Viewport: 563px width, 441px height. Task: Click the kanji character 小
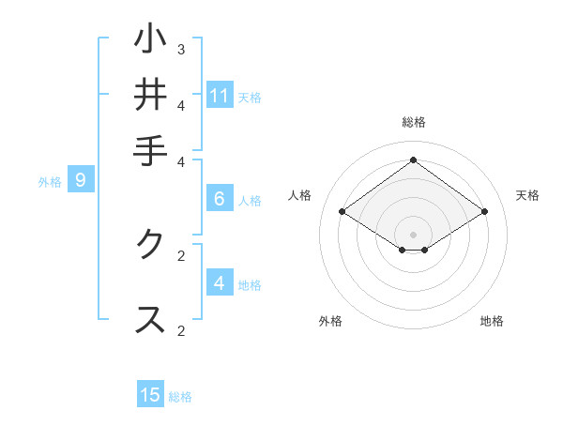pos(150,39)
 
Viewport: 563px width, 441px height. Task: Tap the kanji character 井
pos(150,95)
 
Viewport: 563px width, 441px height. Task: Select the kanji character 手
pos(150,150)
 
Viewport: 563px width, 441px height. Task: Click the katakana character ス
pos(150,319)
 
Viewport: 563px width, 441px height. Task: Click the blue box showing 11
pos(220,96)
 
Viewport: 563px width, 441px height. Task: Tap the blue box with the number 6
pos(220,198)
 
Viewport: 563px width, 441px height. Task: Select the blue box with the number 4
pos(220,282)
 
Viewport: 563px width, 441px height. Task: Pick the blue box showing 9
pos(81,180)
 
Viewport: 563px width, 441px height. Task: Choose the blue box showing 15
pos(150,395)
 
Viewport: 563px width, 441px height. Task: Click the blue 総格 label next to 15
pos(180,397)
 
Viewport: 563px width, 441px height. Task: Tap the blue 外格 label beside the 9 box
pos(50,182)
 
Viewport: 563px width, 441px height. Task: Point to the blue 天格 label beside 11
pos(250,98)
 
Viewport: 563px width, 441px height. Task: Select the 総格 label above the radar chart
pos(413,122)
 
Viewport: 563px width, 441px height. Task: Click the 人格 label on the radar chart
pos(300,195)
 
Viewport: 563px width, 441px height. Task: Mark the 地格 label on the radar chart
pos(492,321)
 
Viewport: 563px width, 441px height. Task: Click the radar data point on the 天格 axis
pos(484,212)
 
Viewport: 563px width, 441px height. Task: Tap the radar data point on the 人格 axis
pos(342,212)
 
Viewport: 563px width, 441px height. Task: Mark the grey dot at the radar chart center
pos(413,234)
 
